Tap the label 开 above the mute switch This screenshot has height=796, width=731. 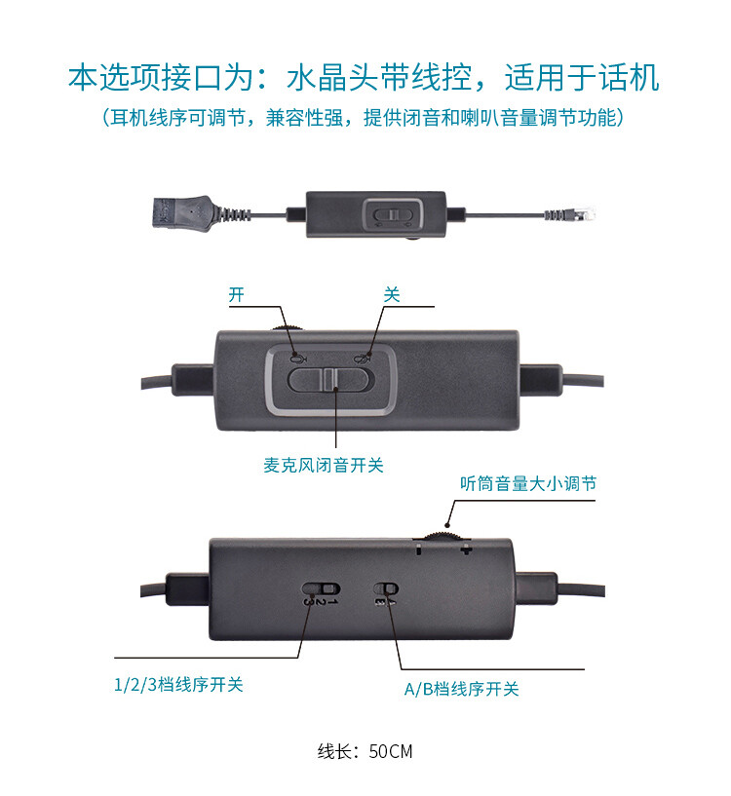236,294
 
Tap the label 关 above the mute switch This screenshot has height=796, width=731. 392,294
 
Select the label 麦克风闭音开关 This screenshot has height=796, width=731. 323,465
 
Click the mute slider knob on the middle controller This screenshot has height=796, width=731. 330,379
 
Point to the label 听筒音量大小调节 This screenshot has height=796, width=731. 528,483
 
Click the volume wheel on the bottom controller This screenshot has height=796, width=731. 442,537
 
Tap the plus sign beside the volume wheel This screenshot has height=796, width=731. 465,550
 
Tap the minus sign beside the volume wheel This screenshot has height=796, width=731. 418,550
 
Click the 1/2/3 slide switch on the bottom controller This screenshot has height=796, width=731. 321,588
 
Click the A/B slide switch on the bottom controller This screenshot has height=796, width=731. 386,588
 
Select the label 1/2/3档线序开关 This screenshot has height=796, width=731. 178,685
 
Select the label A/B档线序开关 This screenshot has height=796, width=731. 461,689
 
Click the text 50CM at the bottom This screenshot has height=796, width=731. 391,751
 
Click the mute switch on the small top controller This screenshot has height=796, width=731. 393,214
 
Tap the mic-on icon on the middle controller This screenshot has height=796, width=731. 298,359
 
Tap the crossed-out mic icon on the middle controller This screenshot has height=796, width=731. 361,359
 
